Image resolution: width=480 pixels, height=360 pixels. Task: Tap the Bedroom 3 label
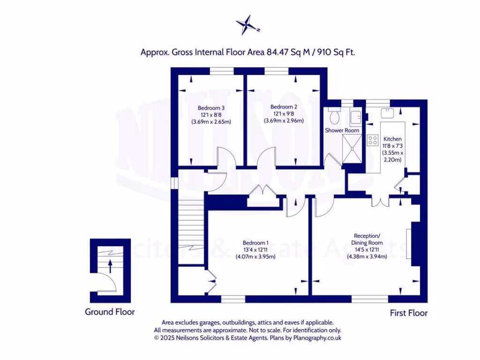click(x=211, y=106)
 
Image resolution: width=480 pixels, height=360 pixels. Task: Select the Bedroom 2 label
click(x=284, y=106)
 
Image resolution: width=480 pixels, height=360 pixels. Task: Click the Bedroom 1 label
click(x=255, y=243)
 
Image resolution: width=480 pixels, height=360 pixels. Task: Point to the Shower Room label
click(x=342, y=130)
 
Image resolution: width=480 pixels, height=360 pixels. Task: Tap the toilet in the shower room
click(x=334, y=114)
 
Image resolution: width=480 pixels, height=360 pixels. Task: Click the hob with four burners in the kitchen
click(x=374, y=139)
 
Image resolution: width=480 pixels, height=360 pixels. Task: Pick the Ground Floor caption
click(x=110, y=312)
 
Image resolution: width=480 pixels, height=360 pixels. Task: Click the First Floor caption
click(x=409, y=313)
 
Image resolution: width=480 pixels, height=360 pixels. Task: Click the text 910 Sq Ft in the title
click(x=336, y=52)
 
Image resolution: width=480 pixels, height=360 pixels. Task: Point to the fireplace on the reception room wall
click(x=414, y=244)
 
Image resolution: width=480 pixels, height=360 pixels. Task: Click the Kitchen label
click(x=392, y=139)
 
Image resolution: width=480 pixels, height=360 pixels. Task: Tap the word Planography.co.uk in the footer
click(x=319, y=337)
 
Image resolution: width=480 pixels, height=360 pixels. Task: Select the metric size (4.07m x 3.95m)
click(x=255, y=256)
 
